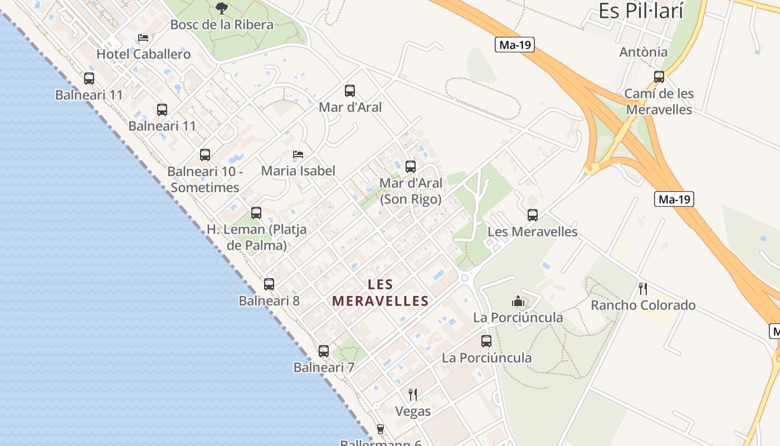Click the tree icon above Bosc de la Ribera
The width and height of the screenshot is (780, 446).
pos(222,8)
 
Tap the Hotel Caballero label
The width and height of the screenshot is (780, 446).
pos(144,54)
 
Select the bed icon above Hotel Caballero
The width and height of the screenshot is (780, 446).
pos(143,38)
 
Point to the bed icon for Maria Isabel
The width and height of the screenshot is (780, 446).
pos(298,154)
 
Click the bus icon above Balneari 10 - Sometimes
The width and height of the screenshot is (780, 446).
pos(205,154)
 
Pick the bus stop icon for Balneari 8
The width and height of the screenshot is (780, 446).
pos(269,284)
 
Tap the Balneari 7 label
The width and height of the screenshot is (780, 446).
pos(324,367)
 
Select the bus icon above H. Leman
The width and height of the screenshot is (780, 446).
pos(256,212)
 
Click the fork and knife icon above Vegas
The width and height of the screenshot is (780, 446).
pos(413,395)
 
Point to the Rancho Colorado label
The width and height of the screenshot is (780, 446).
pos(643,305)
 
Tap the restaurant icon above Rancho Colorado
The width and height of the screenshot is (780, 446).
pos(643,288)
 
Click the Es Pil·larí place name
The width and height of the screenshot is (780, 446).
pos(641,11)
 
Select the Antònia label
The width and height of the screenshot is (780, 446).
pos(643,52)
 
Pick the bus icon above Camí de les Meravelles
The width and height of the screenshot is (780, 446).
pos(659,77)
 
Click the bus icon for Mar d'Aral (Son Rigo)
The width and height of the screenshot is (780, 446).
pos(411,166)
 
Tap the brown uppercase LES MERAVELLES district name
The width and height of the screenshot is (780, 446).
pos(381,293)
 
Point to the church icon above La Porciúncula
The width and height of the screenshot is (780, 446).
pos(518,302)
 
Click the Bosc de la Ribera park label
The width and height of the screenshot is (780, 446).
pos(222,25)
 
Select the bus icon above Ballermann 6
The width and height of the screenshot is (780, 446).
pos(381,429)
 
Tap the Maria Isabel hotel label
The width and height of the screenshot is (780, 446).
pos(298,171)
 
